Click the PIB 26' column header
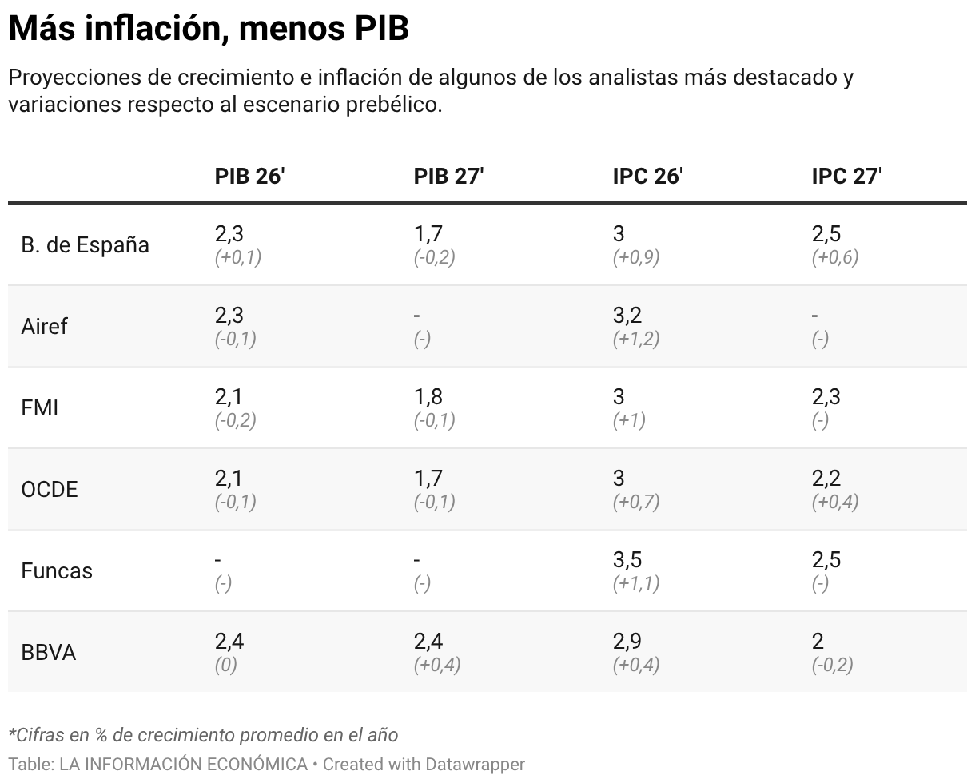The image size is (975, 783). (x=249, y=177)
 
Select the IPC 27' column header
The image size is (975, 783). (x=846, y=177)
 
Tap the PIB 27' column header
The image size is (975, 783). (x=448, y=177)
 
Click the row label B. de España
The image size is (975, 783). (x=85, y=245)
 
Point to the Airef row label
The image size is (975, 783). (x=45, y=327)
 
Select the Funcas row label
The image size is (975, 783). (x=57, y=571)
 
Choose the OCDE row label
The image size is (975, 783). (x=50, y=490)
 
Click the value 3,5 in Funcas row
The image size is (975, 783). (x=627, y=559)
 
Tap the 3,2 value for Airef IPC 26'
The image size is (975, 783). (x=627, y=315)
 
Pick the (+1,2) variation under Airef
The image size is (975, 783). (x=636, y=339)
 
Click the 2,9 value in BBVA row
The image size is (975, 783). (x=627, y=641)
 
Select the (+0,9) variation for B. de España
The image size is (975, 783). (x=636, y=257)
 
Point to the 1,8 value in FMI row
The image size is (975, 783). (x=428, y=396)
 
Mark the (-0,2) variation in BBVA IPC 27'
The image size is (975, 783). (x=832, y=665)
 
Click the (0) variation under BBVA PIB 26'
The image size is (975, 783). (x=226, y=665)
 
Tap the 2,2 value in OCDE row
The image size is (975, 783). (x=826, y=478)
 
